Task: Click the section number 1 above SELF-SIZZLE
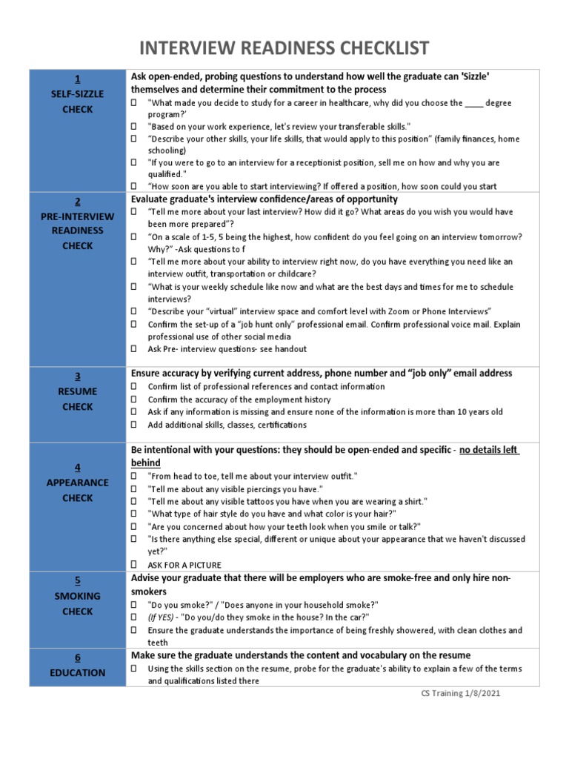pos(78,79)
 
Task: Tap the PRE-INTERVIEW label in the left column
pos(78,216)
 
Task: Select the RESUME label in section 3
pos(78,391)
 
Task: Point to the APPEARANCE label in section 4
pos(78,483)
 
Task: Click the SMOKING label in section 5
pos(78,596)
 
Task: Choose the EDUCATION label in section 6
pos(78,673)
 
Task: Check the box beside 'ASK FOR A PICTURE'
pos(134,565)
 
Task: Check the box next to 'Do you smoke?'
pos(134,605)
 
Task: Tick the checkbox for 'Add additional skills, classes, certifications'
pos(134,425)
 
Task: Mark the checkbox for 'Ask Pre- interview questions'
pos(134,348)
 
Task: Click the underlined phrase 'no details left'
pos(489,450)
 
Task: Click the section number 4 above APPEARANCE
pos(78,467)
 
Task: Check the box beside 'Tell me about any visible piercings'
pos(134,488)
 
